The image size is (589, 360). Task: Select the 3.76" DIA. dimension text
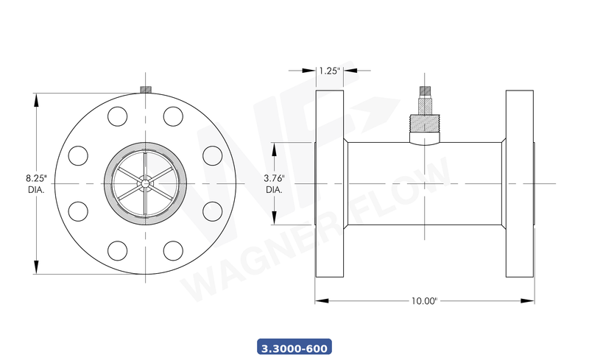click(x=274, y=183)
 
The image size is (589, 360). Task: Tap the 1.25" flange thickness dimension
click(x=329, y=71)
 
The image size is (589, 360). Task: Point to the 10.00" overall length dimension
click(x=425, y=301)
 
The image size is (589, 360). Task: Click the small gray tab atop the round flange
click(x=146, y=90)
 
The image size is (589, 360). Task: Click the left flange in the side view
click(x=329, y=183)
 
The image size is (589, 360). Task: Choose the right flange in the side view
click(x=520, y=183)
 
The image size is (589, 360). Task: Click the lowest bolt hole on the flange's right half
click(x=173, y=250)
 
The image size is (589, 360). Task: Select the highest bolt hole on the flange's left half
click(x=118, y=116)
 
